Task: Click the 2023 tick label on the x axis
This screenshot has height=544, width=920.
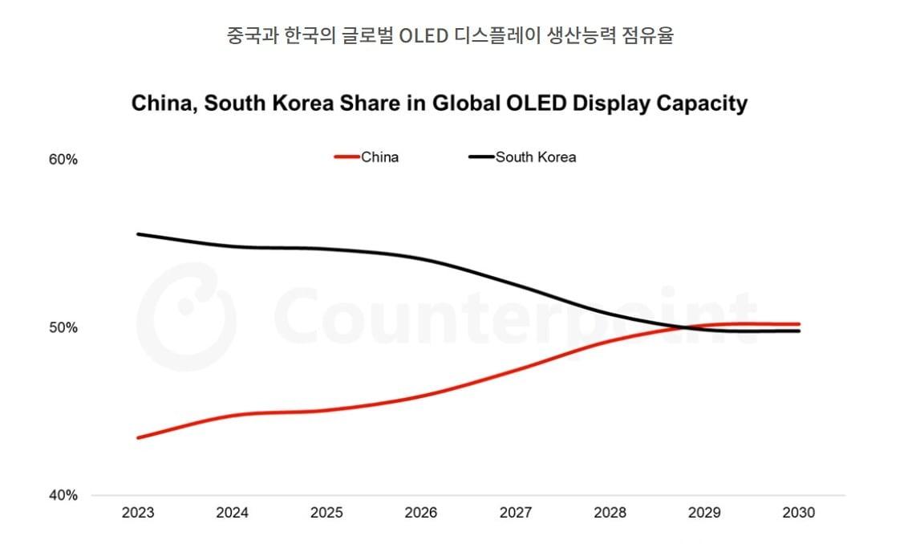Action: click(138, 513)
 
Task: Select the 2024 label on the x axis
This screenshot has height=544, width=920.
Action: click(233, 513)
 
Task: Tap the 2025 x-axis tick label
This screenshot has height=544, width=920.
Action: click(326, 513)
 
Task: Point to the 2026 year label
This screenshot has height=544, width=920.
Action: click(421, 513)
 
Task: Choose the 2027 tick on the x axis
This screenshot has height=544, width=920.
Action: click(516, 513)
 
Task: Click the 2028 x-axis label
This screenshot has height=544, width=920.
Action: click(610, 513)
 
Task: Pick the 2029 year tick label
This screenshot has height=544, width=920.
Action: click(704, 513)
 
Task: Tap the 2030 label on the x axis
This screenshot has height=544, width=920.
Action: click(798, 513)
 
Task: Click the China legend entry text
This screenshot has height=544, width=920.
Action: click(379, 157)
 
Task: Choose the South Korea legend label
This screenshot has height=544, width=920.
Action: click(535, 157)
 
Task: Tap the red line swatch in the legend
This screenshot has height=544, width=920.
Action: click(347, 157)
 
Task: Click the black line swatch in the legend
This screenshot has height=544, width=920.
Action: click(480, 157)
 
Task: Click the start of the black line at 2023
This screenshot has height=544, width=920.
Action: click(138, 234)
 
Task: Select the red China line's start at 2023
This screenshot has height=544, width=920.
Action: click(138, 437)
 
